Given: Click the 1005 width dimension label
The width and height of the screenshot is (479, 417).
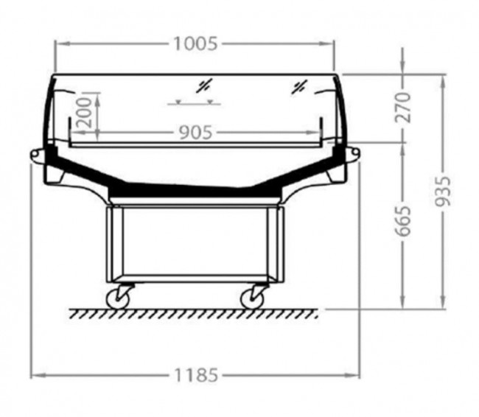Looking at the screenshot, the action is pos(195,43).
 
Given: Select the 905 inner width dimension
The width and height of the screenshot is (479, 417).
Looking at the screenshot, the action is pos(195,133).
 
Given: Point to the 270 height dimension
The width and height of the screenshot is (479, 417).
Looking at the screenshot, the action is pos(402,108).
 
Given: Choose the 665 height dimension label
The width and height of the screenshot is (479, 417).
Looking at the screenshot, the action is pos(402,222).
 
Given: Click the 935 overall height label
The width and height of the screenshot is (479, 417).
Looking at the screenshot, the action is pos(443,191).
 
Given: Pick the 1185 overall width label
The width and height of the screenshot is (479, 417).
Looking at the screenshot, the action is pos(196,375).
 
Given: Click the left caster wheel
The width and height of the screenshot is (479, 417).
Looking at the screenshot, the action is pos(118,298).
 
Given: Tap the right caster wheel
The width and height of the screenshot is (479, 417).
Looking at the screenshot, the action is pos(252,298).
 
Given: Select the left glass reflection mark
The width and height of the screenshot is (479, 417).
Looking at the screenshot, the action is pos(204,86).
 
